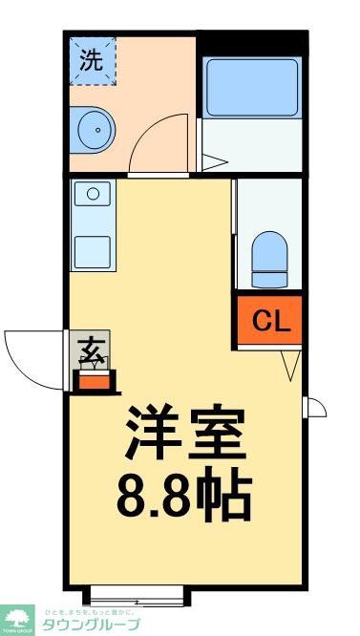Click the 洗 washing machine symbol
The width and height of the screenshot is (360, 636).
(91, 60)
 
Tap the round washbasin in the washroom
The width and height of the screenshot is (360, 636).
(93, 129)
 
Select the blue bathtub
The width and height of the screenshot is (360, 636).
(253, 86)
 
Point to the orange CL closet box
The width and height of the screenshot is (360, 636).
(270, 321)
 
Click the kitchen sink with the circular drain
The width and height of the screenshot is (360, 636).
(93, 195)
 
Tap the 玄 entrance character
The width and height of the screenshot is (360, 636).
(92, 350)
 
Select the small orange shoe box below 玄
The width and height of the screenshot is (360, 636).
(94, 383)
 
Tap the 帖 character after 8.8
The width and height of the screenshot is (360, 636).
(227, 496)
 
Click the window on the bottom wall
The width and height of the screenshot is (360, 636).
(138, 597)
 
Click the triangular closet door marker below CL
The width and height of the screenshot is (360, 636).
(293, 365)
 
